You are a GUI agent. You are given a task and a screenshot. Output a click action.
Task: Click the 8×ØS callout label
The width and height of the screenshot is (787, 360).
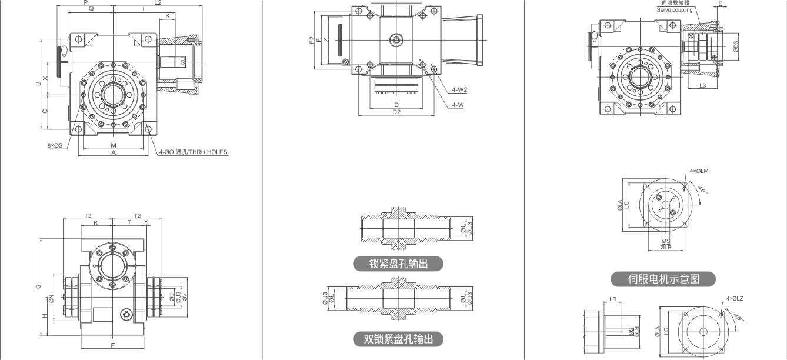pyautogui.click(x=55, y=145)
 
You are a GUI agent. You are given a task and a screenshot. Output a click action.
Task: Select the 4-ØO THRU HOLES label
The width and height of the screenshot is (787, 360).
pyautogui.click(x=193, y=152)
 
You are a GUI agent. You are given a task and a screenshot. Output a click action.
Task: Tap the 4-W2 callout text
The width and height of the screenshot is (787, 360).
pyautogui.click(x=459, y=90)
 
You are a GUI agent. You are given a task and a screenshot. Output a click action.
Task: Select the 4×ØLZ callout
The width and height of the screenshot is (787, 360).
pyautogui.click(x=735, y=299)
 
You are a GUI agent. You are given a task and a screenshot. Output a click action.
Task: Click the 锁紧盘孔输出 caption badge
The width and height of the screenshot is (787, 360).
pyautogui.click(x=398, y=264)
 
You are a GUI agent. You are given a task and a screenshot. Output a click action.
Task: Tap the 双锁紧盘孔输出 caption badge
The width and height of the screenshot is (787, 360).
pyautogui.click(x=398, y=339)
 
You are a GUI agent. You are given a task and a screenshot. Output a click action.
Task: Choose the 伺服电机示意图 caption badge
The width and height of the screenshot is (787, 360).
pyautogui.click(x=663, y=279)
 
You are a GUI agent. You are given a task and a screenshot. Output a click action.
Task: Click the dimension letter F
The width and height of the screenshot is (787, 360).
pyautogui.click(x=112, y=344)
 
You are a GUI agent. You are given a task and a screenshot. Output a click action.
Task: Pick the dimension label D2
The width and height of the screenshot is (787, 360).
pyautogui.click(x=396, y=112)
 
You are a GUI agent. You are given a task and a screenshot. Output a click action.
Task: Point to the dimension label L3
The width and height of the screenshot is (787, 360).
pyautogui.click(x=703, y=86)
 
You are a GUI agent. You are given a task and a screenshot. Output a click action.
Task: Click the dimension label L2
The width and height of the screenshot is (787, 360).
pyautogui.click(x=158, y=3)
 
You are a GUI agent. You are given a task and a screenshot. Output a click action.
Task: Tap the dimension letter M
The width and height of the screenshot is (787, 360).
pyautogui.click(x=114, y=145)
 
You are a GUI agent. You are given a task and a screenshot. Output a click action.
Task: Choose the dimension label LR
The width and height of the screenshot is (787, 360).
pyautogui.click(x=613, y=299)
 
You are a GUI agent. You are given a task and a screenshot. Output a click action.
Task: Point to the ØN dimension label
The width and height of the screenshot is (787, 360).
pyautogui.click(x=52, y=298)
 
